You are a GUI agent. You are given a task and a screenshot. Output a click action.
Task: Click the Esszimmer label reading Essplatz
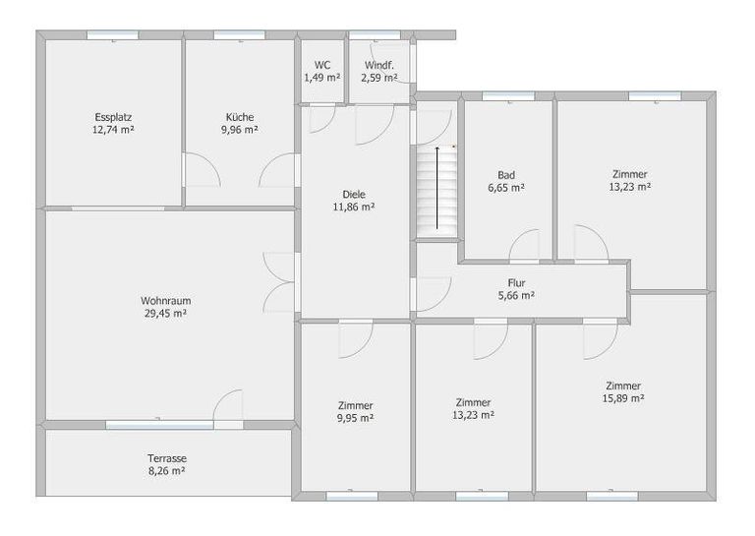(113, 117)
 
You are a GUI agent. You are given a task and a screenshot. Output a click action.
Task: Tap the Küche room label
(240, 117)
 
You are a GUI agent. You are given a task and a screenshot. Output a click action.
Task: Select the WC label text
(322, 65)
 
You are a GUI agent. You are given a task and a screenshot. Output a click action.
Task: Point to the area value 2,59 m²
(379, 78)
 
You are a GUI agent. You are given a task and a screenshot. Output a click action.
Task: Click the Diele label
(354, 195)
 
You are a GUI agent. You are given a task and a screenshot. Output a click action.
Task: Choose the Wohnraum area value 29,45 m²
(165, 314)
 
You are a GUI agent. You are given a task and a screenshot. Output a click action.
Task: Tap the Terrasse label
(167, 458)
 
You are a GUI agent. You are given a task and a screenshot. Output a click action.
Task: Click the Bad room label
(506, 175)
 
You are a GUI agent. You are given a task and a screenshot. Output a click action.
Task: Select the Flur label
(516, 282)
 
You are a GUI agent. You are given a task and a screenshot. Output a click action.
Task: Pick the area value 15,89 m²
(623, 398)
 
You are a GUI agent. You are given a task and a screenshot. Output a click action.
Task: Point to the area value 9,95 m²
(355, 418)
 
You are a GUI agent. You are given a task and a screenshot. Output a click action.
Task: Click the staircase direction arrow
(437, 188)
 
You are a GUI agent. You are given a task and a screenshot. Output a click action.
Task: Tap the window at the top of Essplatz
(113, 35)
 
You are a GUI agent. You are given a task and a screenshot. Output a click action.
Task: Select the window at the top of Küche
(239, 35)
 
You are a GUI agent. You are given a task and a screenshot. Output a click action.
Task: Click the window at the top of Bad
(508, 96)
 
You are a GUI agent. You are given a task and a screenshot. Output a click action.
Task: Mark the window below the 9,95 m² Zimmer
(352, 496)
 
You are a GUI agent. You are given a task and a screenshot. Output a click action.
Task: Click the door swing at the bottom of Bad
(524, 246)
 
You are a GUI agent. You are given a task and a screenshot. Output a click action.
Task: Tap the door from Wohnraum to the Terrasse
(228, 407)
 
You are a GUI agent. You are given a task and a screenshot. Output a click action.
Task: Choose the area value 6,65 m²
(506, 188)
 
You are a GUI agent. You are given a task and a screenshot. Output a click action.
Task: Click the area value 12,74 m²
(113, 130)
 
